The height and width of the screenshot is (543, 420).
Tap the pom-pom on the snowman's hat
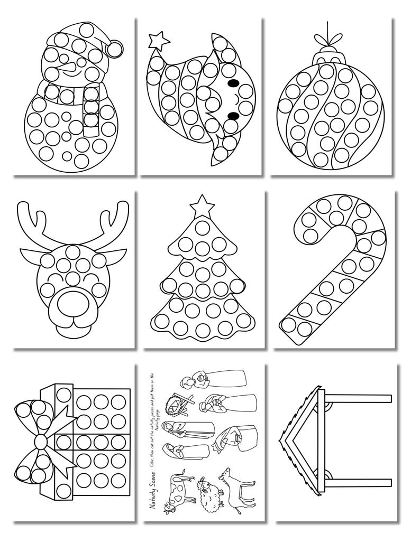coord(112,49)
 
